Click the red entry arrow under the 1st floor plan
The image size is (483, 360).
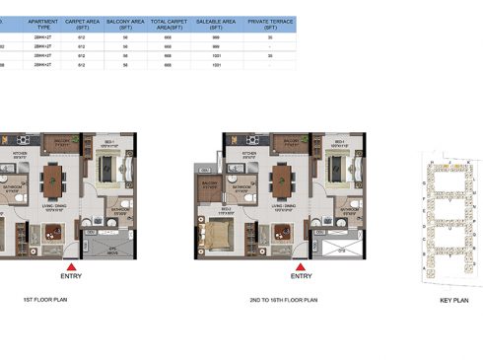point(69,265)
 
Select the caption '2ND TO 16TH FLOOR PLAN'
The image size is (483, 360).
point(283,298)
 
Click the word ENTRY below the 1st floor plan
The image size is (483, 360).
point(69,277)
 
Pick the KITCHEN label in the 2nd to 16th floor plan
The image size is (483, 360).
point(249,155)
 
